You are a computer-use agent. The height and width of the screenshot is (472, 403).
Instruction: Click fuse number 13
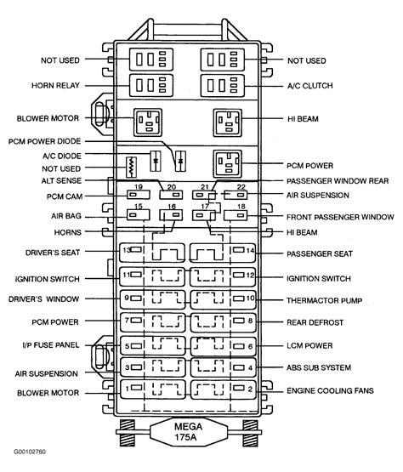click(126, 252)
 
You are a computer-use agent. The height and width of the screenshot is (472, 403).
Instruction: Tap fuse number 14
click(247, 252)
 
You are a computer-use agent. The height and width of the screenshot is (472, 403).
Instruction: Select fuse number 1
click(126, 388)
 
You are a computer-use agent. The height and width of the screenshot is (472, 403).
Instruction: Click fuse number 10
click(249, 299)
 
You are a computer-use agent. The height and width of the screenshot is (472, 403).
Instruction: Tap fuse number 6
click(249, 346)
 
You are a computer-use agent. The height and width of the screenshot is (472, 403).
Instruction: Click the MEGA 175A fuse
click(188, 431)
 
